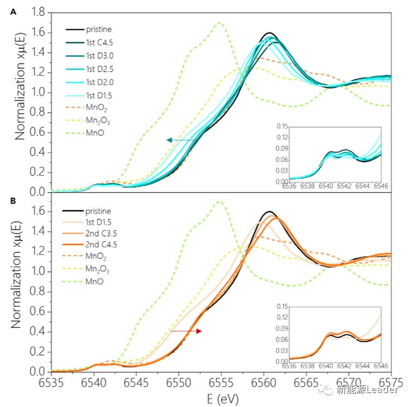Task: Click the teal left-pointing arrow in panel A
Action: tap(180, 140)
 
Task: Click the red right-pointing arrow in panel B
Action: tap(186, 331)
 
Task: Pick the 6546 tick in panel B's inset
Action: tap(381, 366)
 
